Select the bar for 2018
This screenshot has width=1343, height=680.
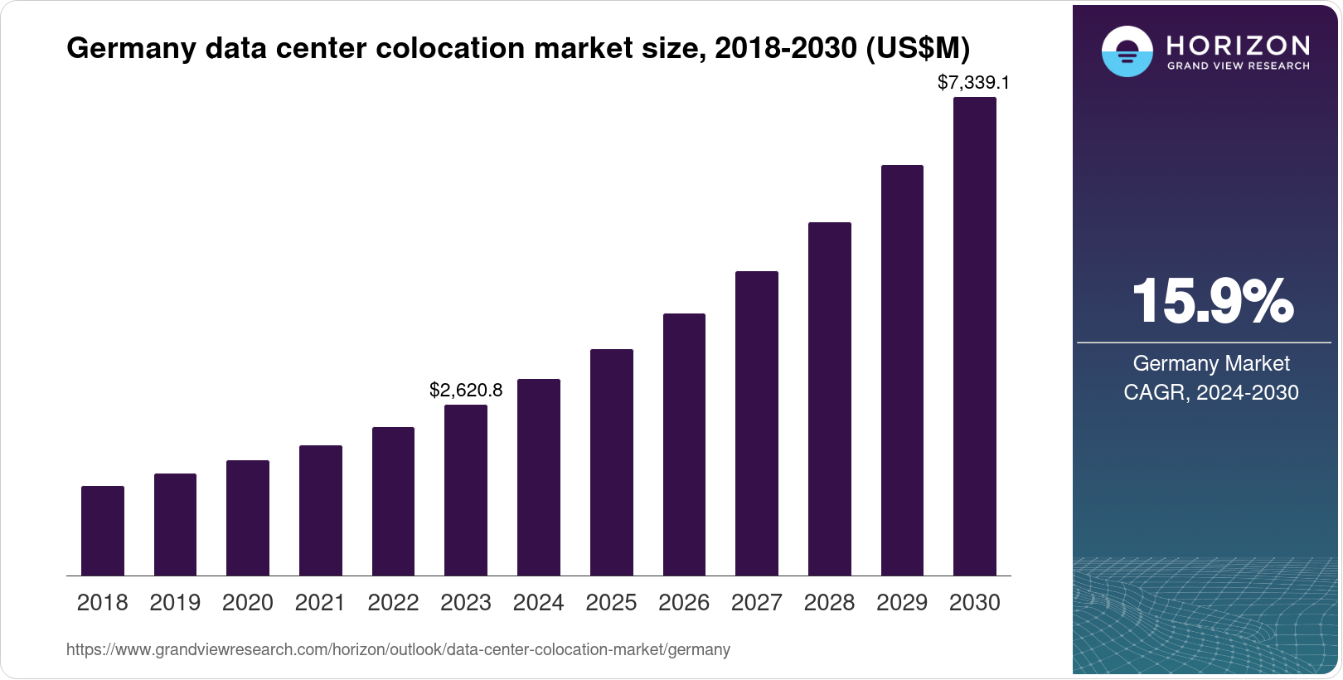pos(103,531)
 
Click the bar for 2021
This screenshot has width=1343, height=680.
pos(321,510)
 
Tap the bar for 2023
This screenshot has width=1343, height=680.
pos(466,490)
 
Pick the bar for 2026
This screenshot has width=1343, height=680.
pos(684,444)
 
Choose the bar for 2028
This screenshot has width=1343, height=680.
pos(830,399)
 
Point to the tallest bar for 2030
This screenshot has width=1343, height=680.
pos(975,337)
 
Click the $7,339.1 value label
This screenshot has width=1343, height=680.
pos(973,82)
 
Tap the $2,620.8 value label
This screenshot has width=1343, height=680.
pos(466,390)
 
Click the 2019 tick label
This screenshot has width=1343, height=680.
pos(175,603)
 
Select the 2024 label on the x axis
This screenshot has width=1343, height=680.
pos(539,603)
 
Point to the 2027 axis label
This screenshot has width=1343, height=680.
pos(757,603)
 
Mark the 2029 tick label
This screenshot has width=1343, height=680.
pos(902,603)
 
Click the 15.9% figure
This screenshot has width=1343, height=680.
pos(1212,301)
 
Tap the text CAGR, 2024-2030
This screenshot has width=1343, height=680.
pos(1210,392)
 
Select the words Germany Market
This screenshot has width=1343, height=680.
pos(1211,363)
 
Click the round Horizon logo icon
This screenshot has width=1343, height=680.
pos(1127,51)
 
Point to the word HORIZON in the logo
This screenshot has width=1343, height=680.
pos(1239,45)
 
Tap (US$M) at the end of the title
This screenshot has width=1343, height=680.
pos(918,48)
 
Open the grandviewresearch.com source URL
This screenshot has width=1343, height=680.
pos(398,649)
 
